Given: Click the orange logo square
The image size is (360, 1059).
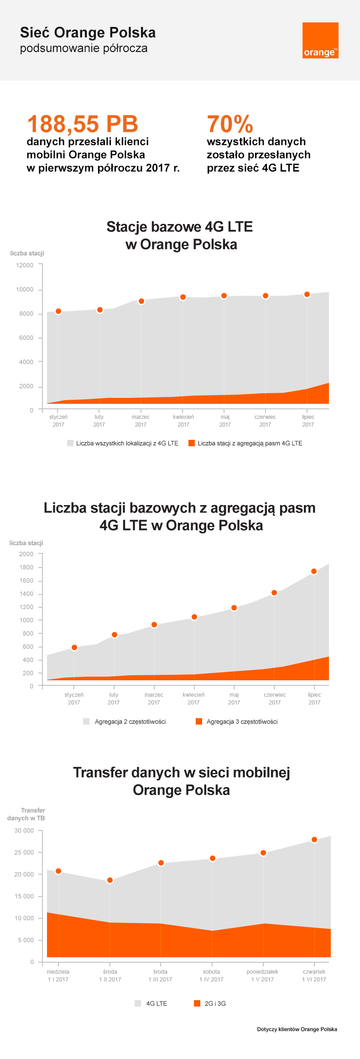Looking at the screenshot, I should (x=320, y=40).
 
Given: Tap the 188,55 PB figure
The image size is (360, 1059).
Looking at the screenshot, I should (x=83, y=124).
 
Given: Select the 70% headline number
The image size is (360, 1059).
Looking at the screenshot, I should (x=230, y=124).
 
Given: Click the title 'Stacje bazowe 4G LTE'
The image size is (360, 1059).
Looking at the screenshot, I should (x=180, y=227).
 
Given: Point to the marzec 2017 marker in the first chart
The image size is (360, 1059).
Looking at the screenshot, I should (x=141, y=301).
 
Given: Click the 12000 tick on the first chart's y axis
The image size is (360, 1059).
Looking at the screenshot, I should (x=25, y=265).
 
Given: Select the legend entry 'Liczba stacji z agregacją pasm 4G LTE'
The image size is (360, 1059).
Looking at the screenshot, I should (x=245, y=443).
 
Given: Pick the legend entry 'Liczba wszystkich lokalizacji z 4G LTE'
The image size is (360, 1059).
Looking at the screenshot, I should (x=123, y=443).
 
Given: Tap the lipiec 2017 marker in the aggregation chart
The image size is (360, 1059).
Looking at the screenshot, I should (x=314, y=571).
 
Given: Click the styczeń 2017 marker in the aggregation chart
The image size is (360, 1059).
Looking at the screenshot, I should (x=74, y=647).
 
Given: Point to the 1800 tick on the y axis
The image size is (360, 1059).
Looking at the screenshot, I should (x=26, y=567).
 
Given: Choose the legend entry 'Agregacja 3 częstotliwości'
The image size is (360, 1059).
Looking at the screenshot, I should (x=237, y=721).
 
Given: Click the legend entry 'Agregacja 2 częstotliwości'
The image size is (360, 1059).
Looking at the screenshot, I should (x=125, y=721).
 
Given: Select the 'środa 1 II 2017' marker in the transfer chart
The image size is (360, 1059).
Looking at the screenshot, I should (x=110, y=880).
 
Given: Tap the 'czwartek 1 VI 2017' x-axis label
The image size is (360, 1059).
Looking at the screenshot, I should (x=314, y=976).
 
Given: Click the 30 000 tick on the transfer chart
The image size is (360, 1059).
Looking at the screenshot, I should (x=24, y=830).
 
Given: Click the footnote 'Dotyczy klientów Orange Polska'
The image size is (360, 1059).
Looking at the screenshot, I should (x=297, y=1029).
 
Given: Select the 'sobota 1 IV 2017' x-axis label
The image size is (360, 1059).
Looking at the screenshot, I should (x=211, y=976).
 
